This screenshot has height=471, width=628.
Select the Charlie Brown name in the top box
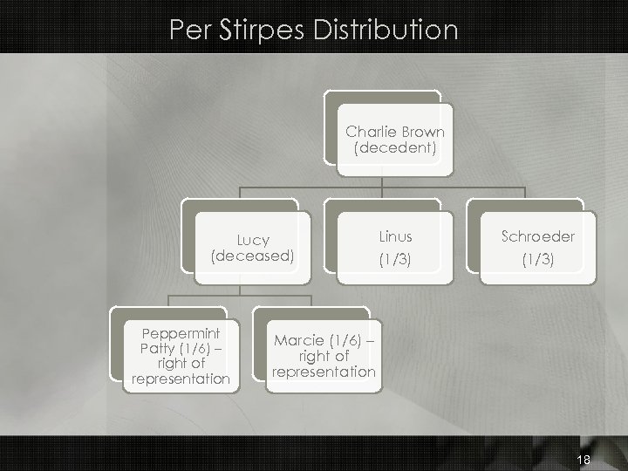395,132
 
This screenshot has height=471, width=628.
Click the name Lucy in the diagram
253,240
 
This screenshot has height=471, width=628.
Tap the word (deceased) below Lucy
253,256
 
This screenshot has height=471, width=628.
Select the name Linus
396,236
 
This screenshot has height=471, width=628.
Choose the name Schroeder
538,236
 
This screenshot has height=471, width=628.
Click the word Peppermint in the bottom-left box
181,333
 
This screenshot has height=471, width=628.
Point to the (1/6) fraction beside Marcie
343,340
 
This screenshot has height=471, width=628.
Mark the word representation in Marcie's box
324,372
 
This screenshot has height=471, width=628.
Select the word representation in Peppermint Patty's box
181,379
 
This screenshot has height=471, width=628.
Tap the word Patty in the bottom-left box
155,348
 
